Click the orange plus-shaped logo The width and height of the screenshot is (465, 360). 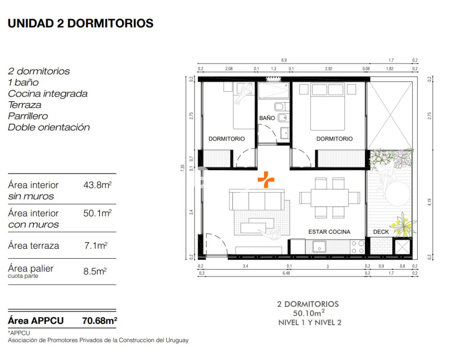(266, 179)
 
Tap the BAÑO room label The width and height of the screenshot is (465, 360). (267, 118)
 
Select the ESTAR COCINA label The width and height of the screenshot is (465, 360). (329, 232)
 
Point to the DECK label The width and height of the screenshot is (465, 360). (381, 232)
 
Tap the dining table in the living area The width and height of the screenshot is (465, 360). (330, 198)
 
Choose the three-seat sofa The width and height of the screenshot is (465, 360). (256, 200)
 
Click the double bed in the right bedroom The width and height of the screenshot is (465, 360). (327, 107)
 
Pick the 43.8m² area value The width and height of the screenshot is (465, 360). (97, 185)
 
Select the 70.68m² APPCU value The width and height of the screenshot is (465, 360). (100, 321)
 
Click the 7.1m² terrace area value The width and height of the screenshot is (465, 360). (96, 245)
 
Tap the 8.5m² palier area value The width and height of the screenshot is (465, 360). (95, 272)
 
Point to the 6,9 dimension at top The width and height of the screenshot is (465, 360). (284, 60)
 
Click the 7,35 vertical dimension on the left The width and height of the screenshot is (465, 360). (182, 168)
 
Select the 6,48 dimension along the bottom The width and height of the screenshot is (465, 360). (286, 273)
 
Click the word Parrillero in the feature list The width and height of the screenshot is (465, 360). (28, 116)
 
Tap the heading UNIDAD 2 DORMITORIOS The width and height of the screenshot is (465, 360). (81, 24)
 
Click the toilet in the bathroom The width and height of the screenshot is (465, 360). (280, 107)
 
